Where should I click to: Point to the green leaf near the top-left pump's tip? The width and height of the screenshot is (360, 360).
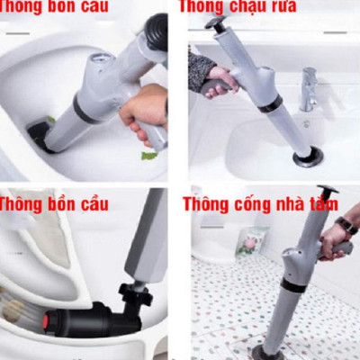(x=148, y=155)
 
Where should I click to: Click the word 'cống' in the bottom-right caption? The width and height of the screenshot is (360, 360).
(x=252, y=204)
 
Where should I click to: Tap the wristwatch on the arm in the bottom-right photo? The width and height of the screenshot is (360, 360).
(x=346, y=225)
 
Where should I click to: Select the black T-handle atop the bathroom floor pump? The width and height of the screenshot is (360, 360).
(x=327, y=193)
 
